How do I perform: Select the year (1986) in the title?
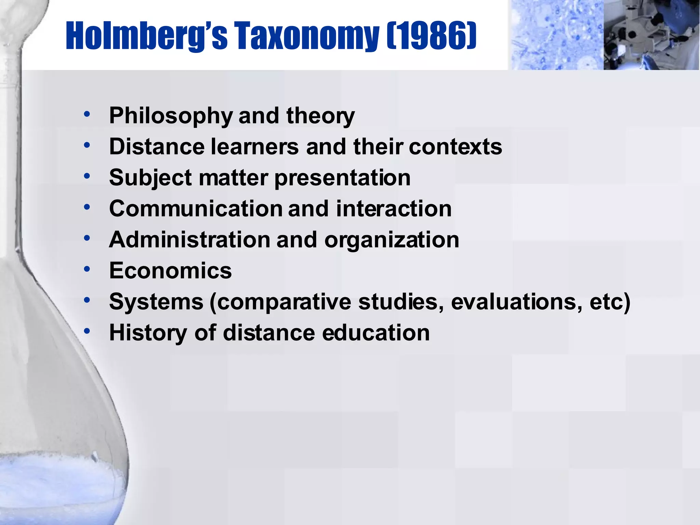[x=432, y=36]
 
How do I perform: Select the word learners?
[x=255, y=147]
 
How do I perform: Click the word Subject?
[x=150, y=178]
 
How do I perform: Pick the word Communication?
[x=195, y=209]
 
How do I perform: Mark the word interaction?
[x=394, y=209]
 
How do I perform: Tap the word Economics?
[x=170, y=271]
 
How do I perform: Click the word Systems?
[x=156, y=302]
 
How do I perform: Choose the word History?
[x=148, y=333]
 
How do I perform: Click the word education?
[x=376, y=333]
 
